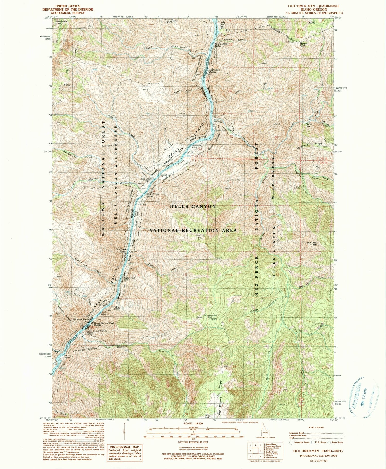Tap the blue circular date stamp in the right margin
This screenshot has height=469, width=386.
364,394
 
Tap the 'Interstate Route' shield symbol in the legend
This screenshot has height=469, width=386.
291,443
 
